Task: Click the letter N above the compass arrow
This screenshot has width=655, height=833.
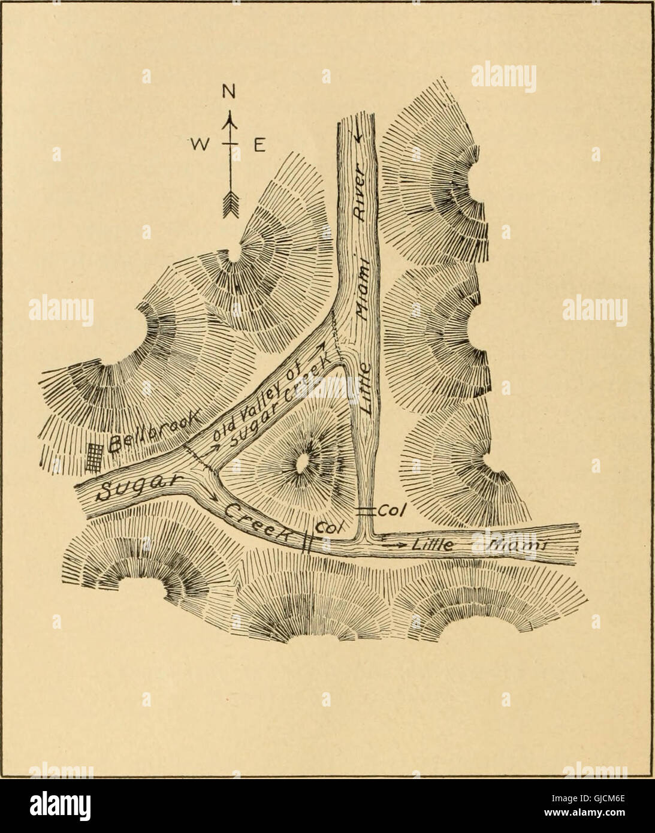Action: (227, 91)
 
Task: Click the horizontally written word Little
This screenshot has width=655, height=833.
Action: (433, 544)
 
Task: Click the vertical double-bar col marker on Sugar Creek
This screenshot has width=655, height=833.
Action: (307, 541)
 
